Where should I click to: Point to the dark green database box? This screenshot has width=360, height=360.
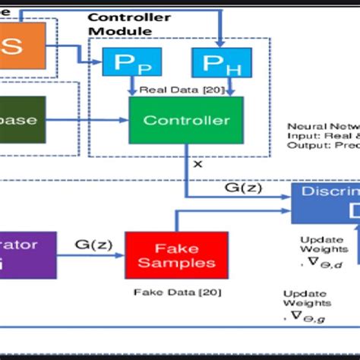tap(22, 120)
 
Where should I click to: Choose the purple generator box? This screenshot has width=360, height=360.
tap(27, 254)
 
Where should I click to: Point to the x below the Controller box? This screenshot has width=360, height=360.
tap(198, 163)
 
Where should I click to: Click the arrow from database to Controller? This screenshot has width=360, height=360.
tap(87, 120)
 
